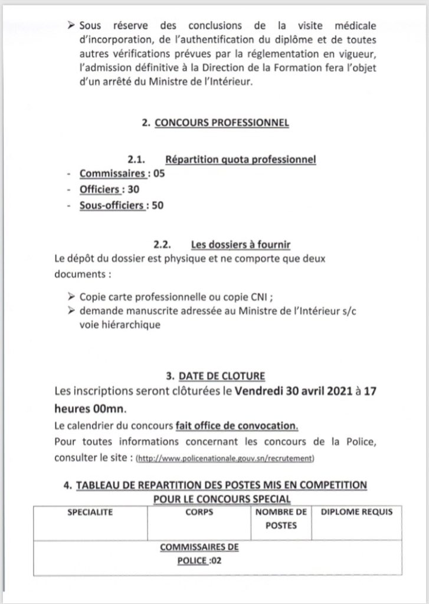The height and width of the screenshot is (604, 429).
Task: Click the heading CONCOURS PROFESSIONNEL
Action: (221, 124)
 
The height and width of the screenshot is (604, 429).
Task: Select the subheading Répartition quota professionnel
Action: (241, 160)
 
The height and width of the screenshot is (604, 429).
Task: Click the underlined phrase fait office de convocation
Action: (237, 426)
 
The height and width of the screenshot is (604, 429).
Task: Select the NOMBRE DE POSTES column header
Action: (281, 518)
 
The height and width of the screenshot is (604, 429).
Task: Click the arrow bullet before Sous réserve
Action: (73, 28)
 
